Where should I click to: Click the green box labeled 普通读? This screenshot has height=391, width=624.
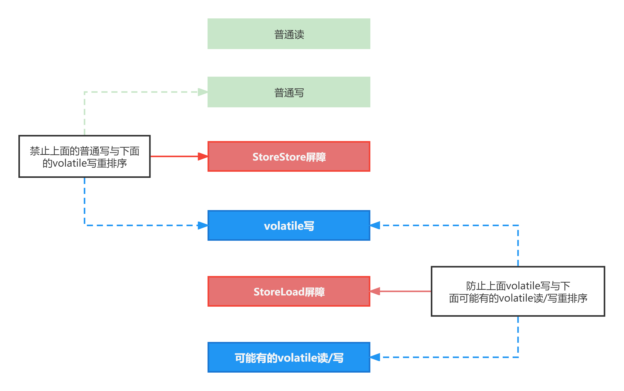tap(289, 34)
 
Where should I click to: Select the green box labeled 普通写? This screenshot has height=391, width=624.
tap(289, 92)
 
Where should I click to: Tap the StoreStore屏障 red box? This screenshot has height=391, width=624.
tap(289, 156)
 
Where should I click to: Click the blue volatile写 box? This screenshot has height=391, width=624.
tap(289, 225)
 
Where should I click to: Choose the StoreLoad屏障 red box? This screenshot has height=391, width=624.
tap(289, 291)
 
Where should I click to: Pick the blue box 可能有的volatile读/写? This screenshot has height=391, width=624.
tap(289, 357)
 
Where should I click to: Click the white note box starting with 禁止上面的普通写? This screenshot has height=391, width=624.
tap(85, 156)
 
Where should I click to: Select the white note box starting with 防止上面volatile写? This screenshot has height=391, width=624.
tap(518, 291)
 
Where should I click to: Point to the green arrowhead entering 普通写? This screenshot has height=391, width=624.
tap(203, 92)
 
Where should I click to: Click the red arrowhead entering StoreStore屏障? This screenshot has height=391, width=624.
tap(203, 156)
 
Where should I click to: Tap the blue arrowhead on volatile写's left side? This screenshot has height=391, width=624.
tap(203, 225)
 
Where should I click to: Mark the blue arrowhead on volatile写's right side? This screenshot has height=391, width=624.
tap(375, 225)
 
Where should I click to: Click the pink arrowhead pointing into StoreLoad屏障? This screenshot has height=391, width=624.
tap(375, 291)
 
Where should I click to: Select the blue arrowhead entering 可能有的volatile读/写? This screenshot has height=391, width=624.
tap(375, 357)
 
